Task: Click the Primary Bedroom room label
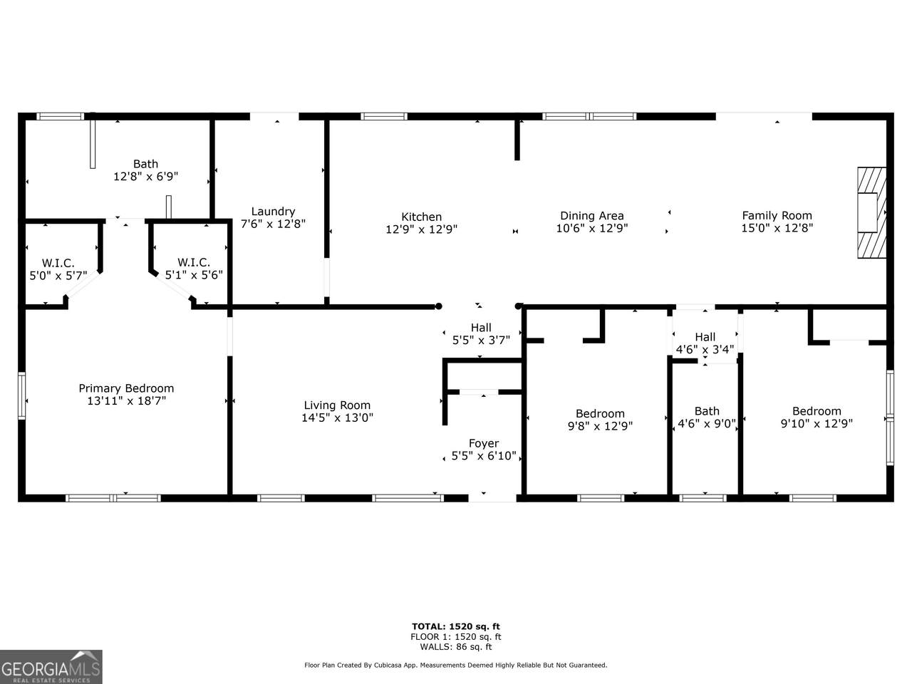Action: (126, 388)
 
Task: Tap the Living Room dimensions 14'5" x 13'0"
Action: (338, 418)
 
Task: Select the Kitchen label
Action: (421, 217)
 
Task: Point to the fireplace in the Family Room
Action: (871, 212)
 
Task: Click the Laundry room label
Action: (273, 212)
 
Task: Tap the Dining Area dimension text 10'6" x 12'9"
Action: (591, 228)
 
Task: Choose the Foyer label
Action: (484, 444)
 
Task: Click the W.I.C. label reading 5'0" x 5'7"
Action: (58, 269)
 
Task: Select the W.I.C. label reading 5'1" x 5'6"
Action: (194, 269)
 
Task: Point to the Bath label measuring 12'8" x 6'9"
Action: (145, 170)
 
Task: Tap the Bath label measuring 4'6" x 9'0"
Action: (707, 418)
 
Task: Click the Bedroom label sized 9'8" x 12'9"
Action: (600, 420)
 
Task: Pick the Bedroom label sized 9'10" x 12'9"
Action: (817, 418)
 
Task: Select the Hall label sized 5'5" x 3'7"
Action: (481, 334)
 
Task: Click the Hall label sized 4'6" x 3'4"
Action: (705, 343)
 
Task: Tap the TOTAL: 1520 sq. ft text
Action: (456, 626)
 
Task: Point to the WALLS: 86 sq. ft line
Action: (456, 647)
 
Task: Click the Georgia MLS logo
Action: (51, 667)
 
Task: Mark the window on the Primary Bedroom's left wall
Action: (21, 395)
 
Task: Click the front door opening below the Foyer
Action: (492, 498)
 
